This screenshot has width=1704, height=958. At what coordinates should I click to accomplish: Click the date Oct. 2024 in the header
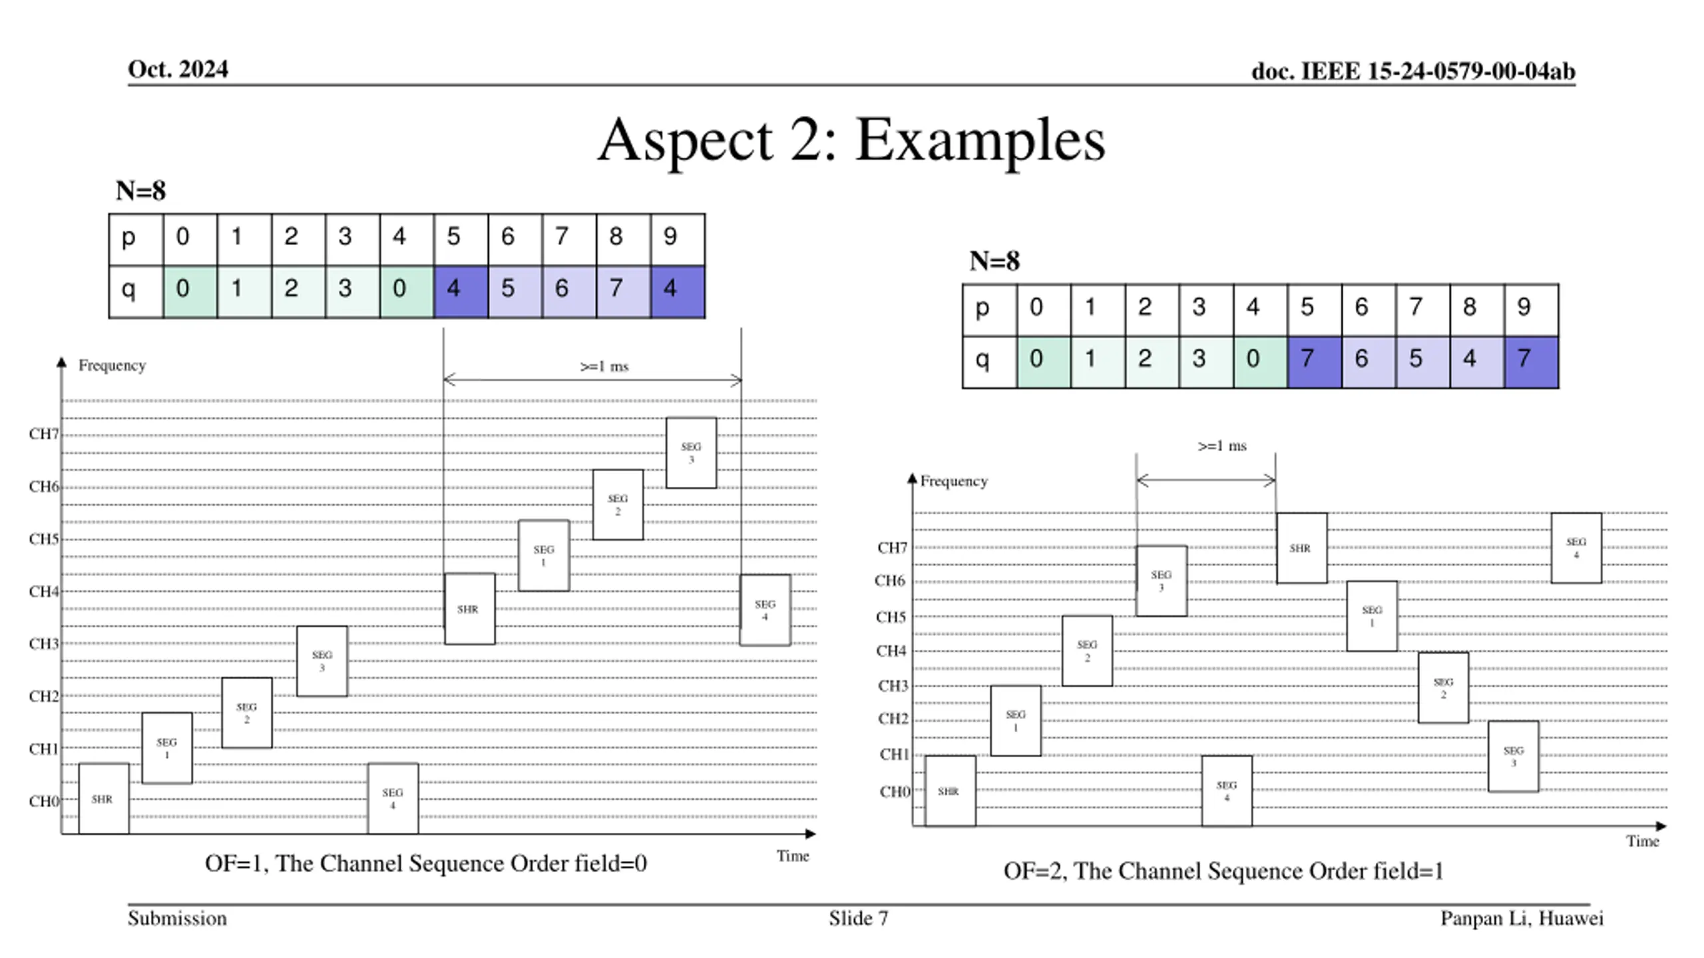[x=178, y=69]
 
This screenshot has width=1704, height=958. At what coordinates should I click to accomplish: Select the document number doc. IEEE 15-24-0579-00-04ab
[x=1412, y=71]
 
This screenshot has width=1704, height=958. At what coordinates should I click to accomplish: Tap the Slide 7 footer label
[x=858, y=919]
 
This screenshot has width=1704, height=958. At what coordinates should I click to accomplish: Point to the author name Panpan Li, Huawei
[x=1522, y=919]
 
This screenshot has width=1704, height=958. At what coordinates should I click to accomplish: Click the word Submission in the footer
[x=177, y=919]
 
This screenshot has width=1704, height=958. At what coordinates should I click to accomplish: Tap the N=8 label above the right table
[x=994, y=261]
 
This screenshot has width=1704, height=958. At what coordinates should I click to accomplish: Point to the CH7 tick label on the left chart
[x=44, y=434]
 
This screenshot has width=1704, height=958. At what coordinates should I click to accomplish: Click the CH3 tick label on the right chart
[x=893, y=686]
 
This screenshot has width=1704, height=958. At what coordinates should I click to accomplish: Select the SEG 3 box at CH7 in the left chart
[x=691, y=453]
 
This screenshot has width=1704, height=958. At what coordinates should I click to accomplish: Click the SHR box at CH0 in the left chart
[x=103, y=799]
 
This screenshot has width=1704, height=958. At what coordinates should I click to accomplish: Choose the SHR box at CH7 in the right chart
[x=1301, y=548]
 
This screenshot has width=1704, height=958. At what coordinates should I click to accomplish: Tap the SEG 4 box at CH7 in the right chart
[x=1576, y=548]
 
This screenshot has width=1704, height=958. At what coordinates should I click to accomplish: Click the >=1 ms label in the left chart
[x=604, y=367]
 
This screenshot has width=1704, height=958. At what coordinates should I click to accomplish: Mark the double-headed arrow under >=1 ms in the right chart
[x=1205, y=480]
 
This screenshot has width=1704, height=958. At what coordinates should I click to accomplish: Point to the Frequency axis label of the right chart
[x=953, y=481]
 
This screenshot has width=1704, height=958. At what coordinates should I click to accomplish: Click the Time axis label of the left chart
[x=792, y=856]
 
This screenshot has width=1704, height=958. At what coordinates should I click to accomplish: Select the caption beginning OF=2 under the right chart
[x=1223, y=872]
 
